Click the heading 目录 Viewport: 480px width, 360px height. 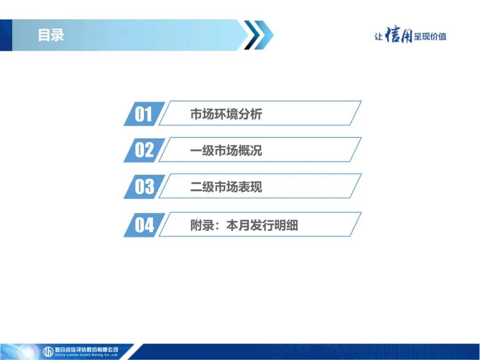pos(51,35)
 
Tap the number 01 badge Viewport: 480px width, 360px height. pos(144,114)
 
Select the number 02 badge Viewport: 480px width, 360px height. pos(144,150)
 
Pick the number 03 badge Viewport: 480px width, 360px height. pos(144,186)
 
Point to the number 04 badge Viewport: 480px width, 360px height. pos(144,225)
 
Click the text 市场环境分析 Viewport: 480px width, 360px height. pos(226,114)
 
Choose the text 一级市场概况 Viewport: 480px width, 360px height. pos(226,150)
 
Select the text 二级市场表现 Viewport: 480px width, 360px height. pos(226,187)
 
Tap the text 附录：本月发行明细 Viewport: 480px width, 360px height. pos(244,225)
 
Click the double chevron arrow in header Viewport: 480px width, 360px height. pos(259,35)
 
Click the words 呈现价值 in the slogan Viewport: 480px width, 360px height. pos(430,36)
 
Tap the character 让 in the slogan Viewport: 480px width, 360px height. pos(379,37)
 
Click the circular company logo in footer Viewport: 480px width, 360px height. pos(48,352)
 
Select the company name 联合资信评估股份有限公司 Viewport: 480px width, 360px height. pos(87,350)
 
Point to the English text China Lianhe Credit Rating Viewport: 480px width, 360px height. pos(87,355)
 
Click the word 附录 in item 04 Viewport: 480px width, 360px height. pos(202,225)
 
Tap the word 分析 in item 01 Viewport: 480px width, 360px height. pos(250,114)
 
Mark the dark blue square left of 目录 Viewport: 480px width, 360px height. pos(6,35)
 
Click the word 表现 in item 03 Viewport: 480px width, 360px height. pos(250,187)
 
